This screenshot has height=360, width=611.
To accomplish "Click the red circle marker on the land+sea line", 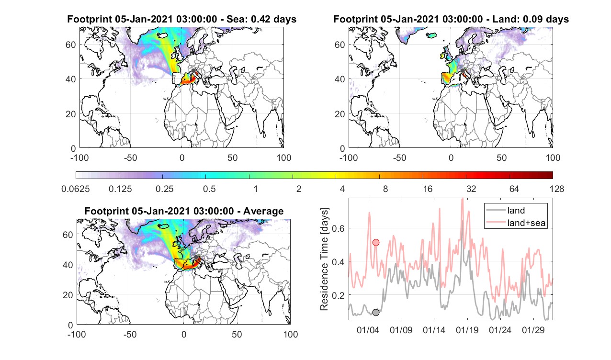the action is [x=375, y=242].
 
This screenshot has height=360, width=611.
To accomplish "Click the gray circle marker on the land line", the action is [x=375, y=313].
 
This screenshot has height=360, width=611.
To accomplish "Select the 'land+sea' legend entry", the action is [x=516, y=223].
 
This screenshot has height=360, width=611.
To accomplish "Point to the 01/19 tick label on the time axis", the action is [x=467, y=330].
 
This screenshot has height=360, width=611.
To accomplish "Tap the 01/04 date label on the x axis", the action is [x=368, y=330].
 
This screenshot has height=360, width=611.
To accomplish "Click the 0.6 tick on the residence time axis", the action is [x=338, y=228].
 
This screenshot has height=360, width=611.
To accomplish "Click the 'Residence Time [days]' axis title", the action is [x=324, y=259].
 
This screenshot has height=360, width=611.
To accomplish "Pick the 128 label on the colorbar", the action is [x=557, y=189].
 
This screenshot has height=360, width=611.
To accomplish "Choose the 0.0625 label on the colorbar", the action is [x=76, y=189].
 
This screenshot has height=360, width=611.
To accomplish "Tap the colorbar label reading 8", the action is [x=385, y=189].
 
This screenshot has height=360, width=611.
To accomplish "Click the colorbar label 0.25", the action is [x=164, y=189].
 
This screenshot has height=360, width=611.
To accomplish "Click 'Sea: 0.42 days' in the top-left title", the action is [x=261, y=19].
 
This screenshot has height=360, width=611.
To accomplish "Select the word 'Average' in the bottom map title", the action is [x=263, y=211].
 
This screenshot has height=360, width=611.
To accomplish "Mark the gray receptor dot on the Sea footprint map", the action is [x=193, y=71].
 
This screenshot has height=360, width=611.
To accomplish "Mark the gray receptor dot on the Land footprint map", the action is [x=463, y=71].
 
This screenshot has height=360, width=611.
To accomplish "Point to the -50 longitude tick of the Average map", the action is [x=130, y=335].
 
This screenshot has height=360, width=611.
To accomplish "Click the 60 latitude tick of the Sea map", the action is [x=71, y=45].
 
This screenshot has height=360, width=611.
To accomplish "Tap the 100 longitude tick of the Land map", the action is [x=553, y=157].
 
